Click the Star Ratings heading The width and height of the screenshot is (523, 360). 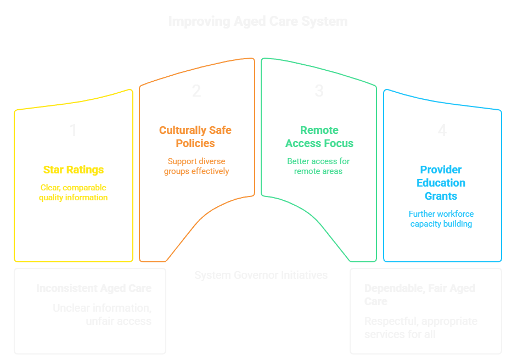click(73, 170)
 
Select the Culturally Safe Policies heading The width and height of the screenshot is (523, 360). click(195, 137)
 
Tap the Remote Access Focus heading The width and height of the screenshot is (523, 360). click(319, 137)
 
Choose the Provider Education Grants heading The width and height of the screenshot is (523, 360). click(441, 183)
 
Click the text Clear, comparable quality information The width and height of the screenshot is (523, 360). click(73, 192)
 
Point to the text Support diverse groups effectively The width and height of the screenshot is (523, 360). click(196, 166)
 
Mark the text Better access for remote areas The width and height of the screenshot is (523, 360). click(318, 166)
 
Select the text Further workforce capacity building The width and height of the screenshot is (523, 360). click(441, 218)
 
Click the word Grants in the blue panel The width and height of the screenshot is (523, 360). click(441, 196)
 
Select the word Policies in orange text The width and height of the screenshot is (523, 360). click(195, 143)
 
